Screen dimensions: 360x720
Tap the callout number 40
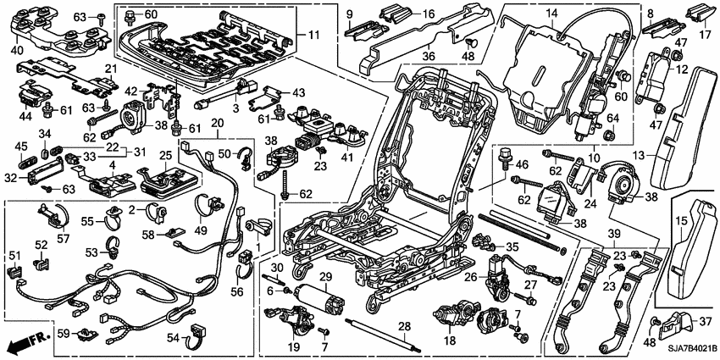coord(16,49)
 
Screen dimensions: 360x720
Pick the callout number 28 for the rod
coord(403,326)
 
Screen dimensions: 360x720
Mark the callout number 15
coord(678,221)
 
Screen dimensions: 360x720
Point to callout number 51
coord(14,255)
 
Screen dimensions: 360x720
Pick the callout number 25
coord(164,156)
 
